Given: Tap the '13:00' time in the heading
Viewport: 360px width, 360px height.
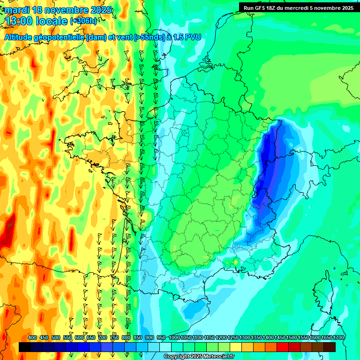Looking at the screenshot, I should pyautogui.click(x=18, y=21).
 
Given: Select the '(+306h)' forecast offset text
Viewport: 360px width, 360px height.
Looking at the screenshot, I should pyautogui.click(x=83, y=21).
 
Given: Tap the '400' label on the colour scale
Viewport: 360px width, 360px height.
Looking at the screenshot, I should pyautogui.click(x=32, y=337).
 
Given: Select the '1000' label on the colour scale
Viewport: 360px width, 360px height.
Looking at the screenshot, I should pyautogui.click(x=174, y=337).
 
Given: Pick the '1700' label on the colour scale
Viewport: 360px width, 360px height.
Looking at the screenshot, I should pyautogui.click(x=338, y=337).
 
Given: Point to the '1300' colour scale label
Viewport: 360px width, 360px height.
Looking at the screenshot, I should pyautogui.click(x=245, y=337).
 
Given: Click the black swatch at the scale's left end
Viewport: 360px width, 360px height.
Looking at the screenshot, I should pyautogui.click(x=25, y=347).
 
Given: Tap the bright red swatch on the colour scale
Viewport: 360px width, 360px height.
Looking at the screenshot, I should pyautogui.click(x=283, y=347).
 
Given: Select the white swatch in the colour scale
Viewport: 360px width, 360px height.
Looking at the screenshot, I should pyautogui.click(x=165, y=347).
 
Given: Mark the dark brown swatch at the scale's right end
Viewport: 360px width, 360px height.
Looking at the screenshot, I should pyautogui.click(x=330, y=347).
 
